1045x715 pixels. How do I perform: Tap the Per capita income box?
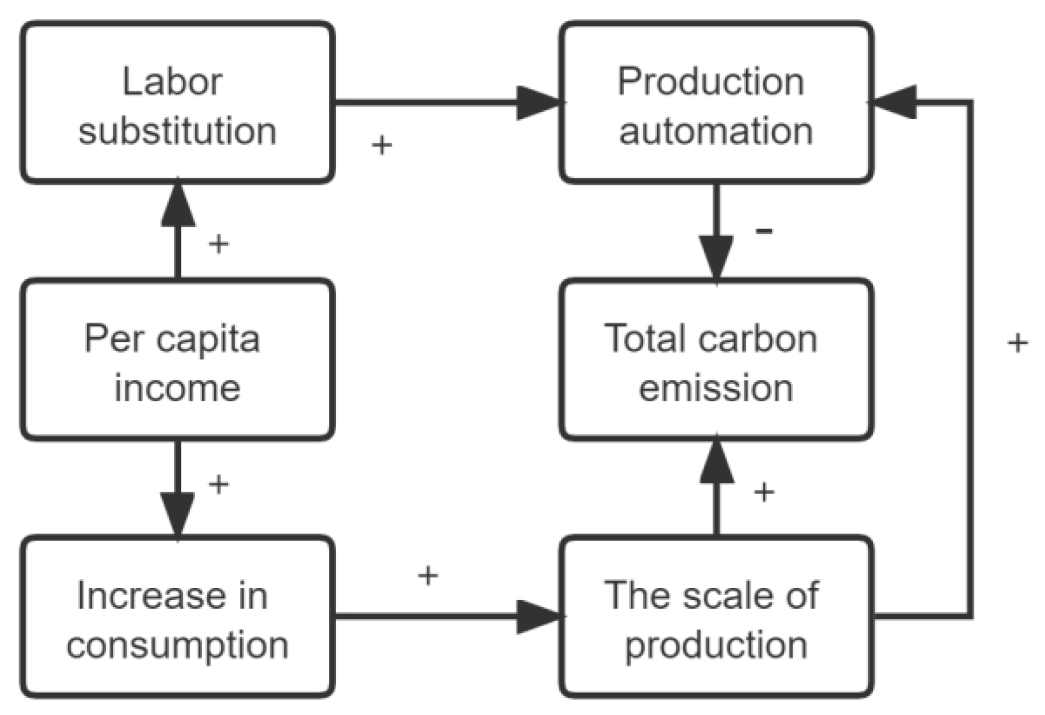click(x=177, y=360)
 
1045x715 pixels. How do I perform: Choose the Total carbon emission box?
click(x=716, y=360)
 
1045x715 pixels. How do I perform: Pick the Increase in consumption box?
click(x=177, y=617)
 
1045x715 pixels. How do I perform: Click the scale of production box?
click(x=716, y=617)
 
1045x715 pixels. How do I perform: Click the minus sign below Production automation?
click(x=764, y=231)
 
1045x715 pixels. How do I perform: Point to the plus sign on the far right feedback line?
click(x=1018, y=343)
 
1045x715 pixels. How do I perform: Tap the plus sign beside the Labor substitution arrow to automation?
click(x=382, y=146)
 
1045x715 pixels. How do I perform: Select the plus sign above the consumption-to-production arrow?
click(x=428, y=576)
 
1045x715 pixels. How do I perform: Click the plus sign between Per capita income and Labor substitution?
click(x=219, y=243)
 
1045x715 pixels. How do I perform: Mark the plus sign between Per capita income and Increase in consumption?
click(x=219, y=484)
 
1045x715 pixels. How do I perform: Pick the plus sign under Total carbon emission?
click(x=764, y=491)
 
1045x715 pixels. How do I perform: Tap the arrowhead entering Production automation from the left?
click(x=538, y=102)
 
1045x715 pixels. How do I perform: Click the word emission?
click(x=716, y=388)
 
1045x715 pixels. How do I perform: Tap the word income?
click(x=177, y=388)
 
